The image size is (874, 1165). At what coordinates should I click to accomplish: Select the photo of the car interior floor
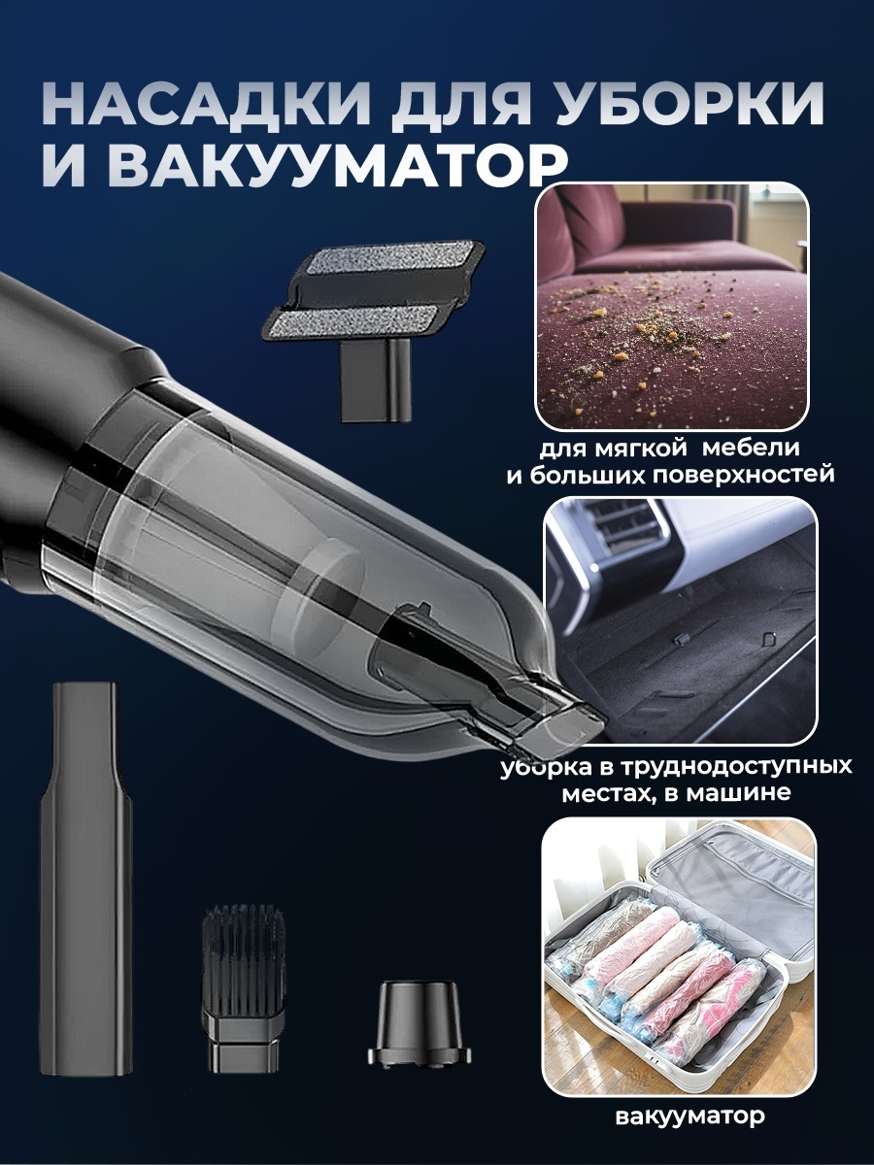678,620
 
